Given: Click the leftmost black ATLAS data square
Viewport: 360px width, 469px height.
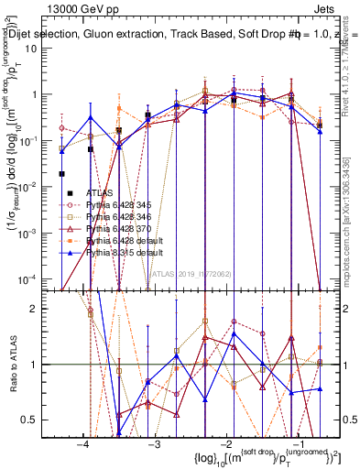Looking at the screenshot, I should pos(62,174).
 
